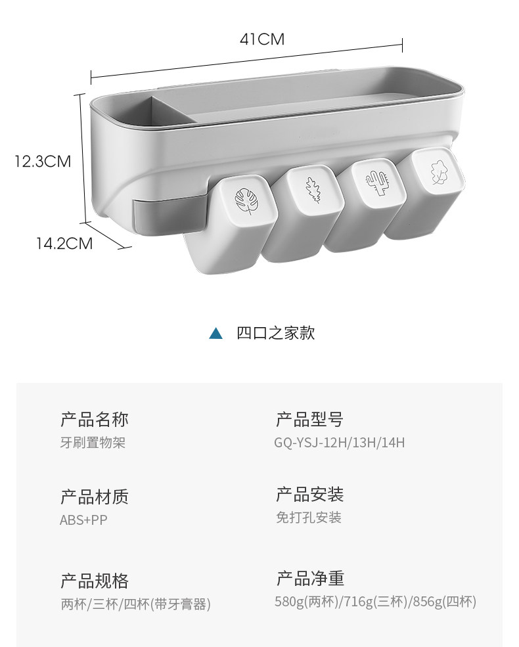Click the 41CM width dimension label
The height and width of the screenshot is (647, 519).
(262, 39)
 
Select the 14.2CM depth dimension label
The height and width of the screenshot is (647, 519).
(64, 244)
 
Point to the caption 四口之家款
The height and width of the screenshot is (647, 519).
(276, 333)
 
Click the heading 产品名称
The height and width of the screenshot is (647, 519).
(95, 419)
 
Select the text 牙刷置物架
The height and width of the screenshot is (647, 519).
(93, 443)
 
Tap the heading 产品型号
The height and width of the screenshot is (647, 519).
(309, 419)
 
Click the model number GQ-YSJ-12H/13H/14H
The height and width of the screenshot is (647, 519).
(340, 443)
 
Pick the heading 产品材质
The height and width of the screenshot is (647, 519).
(95, 497)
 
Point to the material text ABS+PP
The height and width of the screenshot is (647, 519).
(83, 520)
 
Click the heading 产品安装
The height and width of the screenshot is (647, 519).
(309, 495)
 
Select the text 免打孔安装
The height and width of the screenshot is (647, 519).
(309, 518)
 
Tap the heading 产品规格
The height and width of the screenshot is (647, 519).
(95, 581)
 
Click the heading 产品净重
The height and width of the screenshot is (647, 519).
(309, 579)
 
